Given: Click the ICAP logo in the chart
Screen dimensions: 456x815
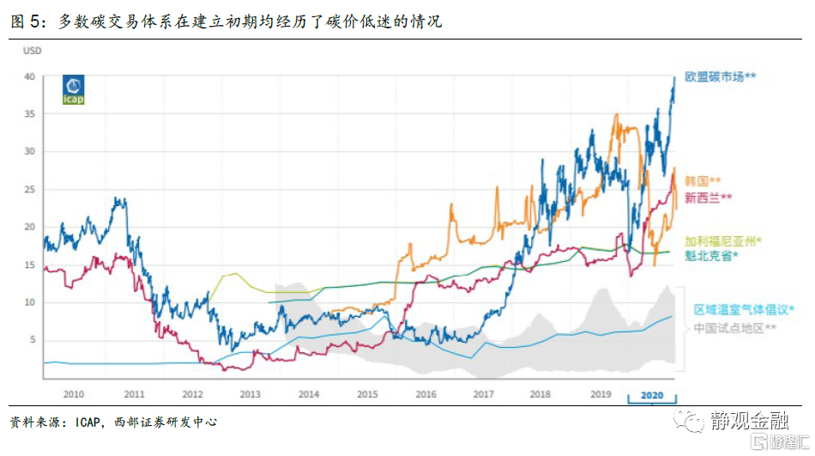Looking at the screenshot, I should click(74, 89).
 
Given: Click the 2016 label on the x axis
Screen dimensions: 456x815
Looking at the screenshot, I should click(426, 394).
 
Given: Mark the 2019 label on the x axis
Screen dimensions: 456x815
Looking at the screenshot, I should click(601, 394).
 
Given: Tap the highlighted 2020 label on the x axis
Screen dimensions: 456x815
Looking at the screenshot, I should click(653, 397).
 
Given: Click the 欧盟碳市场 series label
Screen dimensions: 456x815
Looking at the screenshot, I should click(719, 76).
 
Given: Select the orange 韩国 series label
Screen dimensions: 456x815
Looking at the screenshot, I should click(702, 181).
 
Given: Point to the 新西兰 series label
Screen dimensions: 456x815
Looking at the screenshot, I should click(708, 198).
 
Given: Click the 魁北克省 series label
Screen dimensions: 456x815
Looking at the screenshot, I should click(712, 256).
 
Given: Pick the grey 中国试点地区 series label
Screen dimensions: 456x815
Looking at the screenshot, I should click(735, 327).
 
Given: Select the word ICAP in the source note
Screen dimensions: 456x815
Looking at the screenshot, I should click(88, 423).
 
